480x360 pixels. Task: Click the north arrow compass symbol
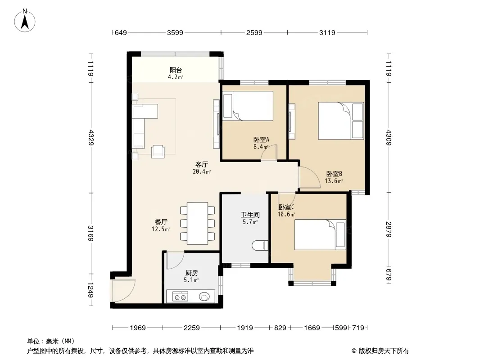(x=25, y=20)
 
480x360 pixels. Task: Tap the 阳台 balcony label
(x=176, y=70)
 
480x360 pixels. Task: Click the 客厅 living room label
(x=201, y=165)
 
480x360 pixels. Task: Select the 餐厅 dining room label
(x=161, y=222)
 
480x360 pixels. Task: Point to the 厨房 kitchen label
(x=192, y=273)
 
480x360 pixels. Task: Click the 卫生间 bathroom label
(x=250, y=215)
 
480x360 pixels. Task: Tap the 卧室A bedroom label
(x=261, y=140)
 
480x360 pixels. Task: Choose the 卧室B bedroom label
(x=334, y=174)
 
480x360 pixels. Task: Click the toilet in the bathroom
(x=260, y=245)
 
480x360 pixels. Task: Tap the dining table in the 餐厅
(x=198, y=223)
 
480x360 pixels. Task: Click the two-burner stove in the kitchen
(x=180, y=297)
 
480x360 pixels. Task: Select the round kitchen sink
(x=204, y=297)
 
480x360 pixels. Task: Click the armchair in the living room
(x=158, y=151)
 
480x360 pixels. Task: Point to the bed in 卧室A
(x=248, y=106)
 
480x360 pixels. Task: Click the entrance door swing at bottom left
(x=124, y=290)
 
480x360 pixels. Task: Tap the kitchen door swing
(x=175, y=260)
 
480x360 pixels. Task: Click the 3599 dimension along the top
(x=175, y=32)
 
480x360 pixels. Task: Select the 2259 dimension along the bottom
(x=192, y=328)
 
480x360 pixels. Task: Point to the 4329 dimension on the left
(x=91, y=137)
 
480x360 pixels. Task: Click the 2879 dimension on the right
(x=389, y=229)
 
